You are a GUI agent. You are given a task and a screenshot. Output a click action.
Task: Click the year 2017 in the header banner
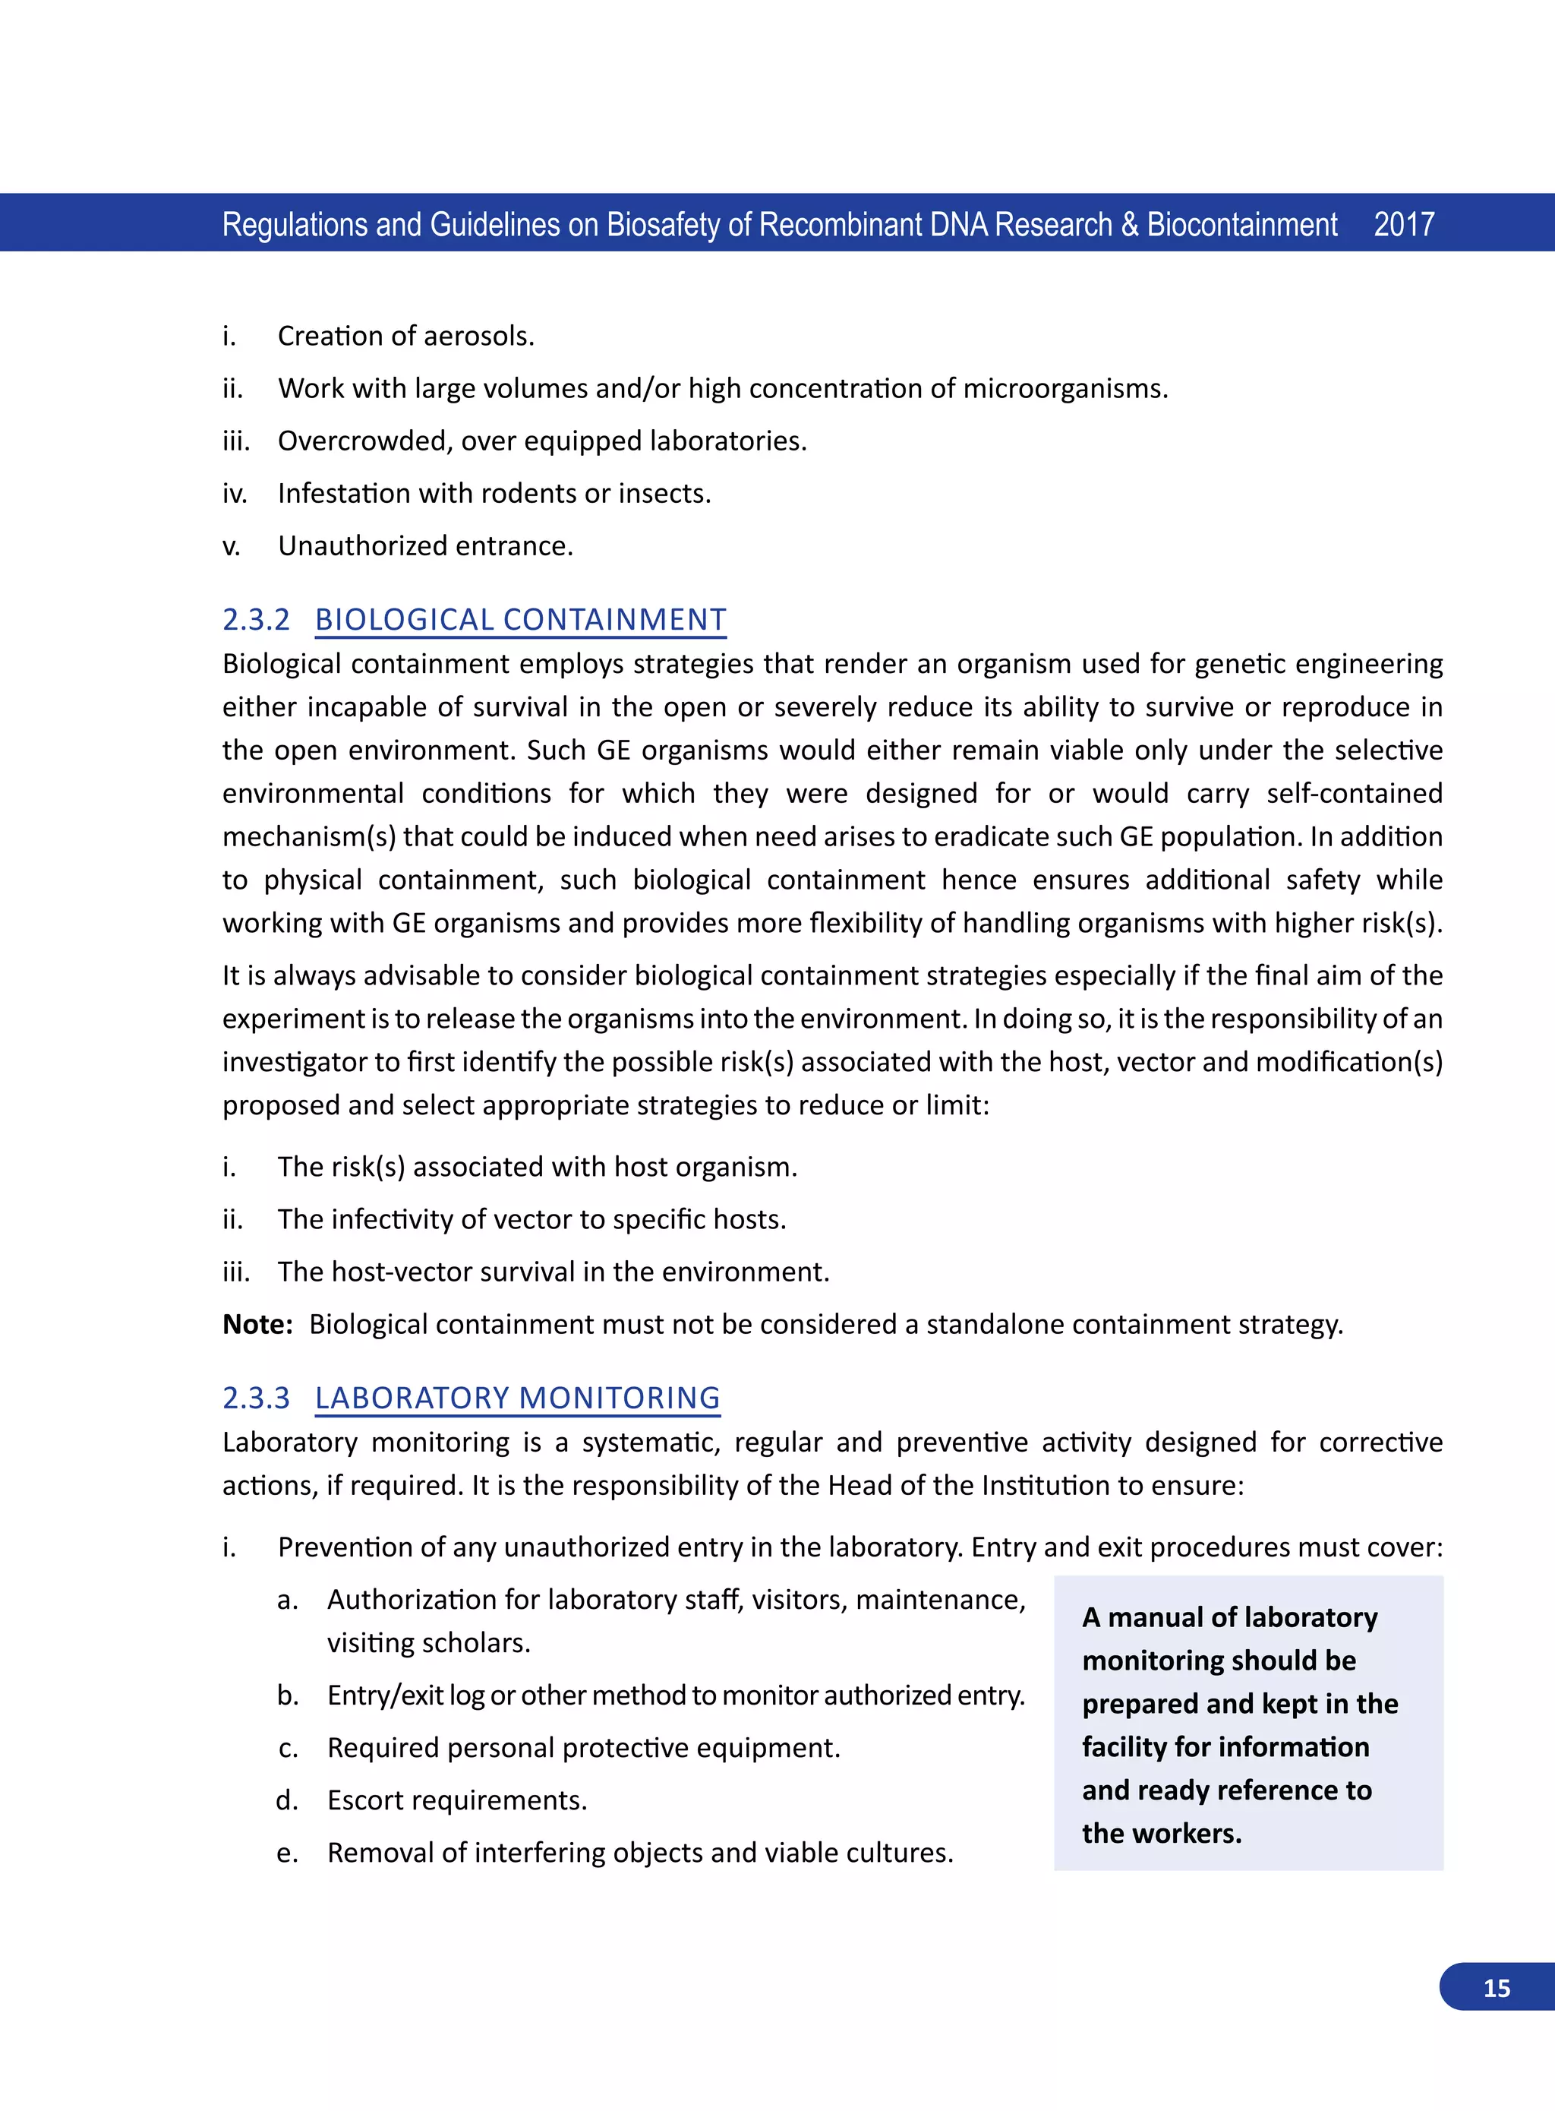pos(1403,224)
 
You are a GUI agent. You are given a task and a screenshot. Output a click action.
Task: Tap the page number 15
pos(1496,1988)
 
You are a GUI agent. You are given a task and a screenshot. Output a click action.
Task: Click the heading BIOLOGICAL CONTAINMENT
pos(521,620)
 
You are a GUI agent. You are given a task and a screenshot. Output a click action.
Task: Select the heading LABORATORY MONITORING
pos(517,1397)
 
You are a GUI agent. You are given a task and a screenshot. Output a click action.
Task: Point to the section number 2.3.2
pos(256,620)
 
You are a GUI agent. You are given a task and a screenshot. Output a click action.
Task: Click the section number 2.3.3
pos(256,1397)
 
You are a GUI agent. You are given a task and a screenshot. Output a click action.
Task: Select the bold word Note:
pos(258,1324)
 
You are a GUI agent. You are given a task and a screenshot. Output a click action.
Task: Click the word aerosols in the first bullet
pos(478,337)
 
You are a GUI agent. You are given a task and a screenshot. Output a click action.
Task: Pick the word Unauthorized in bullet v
pos(355,546)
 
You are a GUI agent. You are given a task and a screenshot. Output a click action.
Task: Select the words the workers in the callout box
pos(1162,1832)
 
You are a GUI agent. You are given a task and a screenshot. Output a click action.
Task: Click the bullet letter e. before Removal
pos(287,1853)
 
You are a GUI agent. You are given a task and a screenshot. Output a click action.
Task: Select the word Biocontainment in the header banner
pos(1241,224)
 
